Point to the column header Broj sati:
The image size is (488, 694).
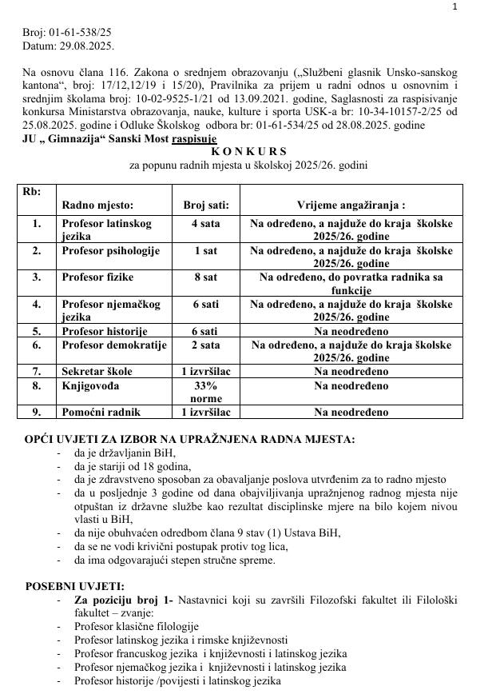click(206, 205)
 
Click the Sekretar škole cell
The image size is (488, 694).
click(97, 372)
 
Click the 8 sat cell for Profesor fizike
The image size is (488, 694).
click(206, 277)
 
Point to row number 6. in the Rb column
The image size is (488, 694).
click(37, 345)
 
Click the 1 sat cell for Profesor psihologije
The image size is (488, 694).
click(206, 250)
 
